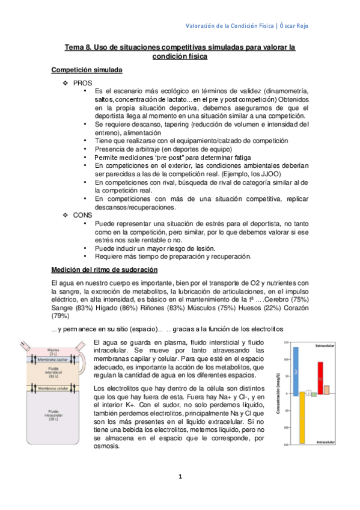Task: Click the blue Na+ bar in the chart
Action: (295, 369)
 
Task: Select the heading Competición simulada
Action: (87, 70)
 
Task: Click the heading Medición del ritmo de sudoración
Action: (105, 270)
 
